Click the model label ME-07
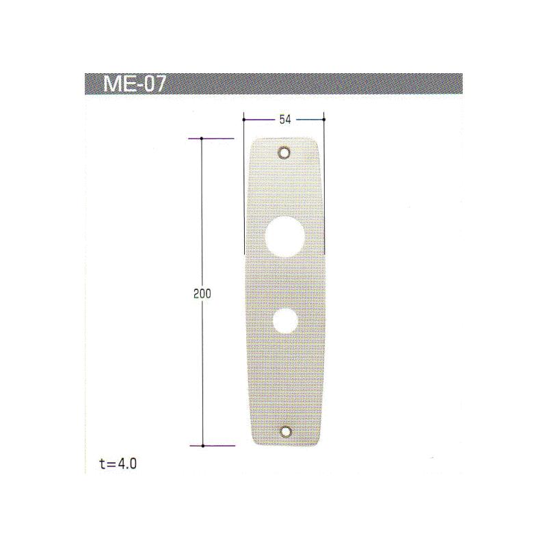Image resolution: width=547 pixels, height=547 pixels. pyautogui.click(x=134, y=84)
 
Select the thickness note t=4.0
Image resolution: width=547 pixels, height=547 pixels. pyautogui.click(x=118, y=464)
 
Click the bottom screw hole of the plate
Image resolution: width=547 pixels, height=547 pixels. pyautogui.click(x=285, y=432)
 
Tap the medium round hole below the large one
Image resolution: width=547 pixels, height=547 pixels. pyautogui.click(x=284, y=319)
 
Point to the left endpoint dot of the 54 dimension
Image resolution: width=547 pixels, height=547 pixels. pyautogui.click(x=244, y=120)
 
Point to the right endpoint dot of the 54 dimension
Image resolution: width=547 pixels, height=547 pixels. pyautogui.click(x=323, y=120)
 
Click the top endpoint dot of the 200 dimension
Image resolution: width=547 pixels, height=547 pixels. pyautogui.click(x=202, y=139)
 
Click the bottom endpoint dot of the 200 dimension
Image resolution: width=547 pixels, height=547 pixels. pyautogui.click(x=202, y=445)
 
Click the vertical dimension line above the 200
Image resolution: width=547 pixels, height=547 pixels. pyautogui.click(x=202, y=212)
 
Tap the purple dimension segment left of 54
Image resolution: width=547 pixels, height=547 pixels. pyautogui.click(x=261, y=120)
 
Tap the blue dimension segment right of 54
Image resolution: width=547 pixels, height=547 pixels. pyautogui.click(x=309, y=120)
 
